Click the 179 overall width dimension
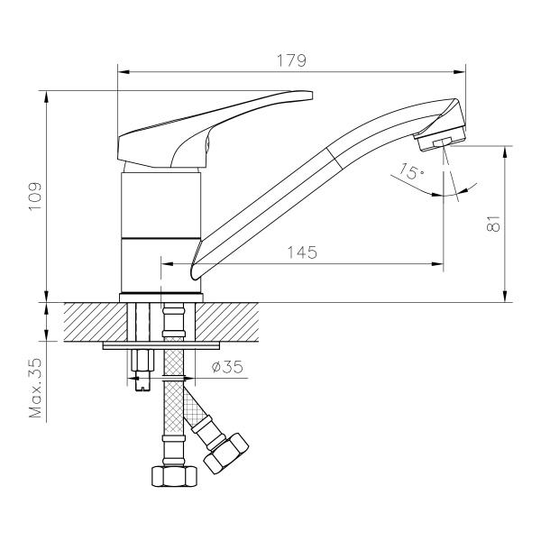(291, 60)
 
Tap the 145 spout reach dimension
(302, 253)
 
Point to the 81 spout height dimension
(493, 223)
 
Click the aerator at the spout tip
(440, 142)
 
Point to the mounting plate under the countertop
(162, 344)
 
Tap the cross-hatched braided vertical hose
(172, 406)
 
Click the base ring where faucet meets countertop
(160, 297)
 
